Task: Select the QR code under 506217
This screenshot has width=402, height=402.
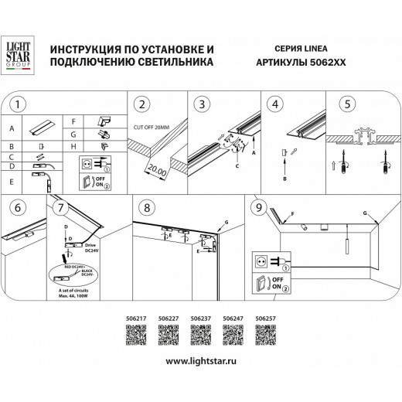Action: (135, 335)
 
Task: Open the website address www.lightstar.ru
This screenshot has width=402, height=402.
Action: (200, 362)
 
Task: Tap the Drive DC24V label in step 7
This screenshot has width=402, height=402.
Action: (92, 247)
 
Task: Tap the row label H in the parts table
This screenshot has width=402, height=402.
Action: (73, 145)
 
